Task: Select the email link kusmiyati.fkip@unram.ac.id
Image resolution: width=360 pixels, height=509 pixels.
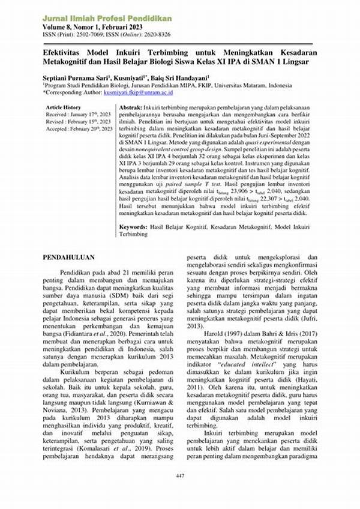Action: [x=138, y=93]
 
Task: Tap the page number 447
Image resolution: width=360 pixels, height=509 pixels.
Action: [x=180, y=476]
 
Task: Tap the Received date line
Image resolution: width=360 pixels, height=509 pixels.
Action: [x=79, y=114]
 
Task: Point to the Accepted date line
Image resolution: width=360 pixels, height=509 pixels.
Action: [x=79, y=128]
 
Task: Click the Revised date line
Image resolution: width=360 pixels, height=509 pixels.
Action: [x=78, y=121]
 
